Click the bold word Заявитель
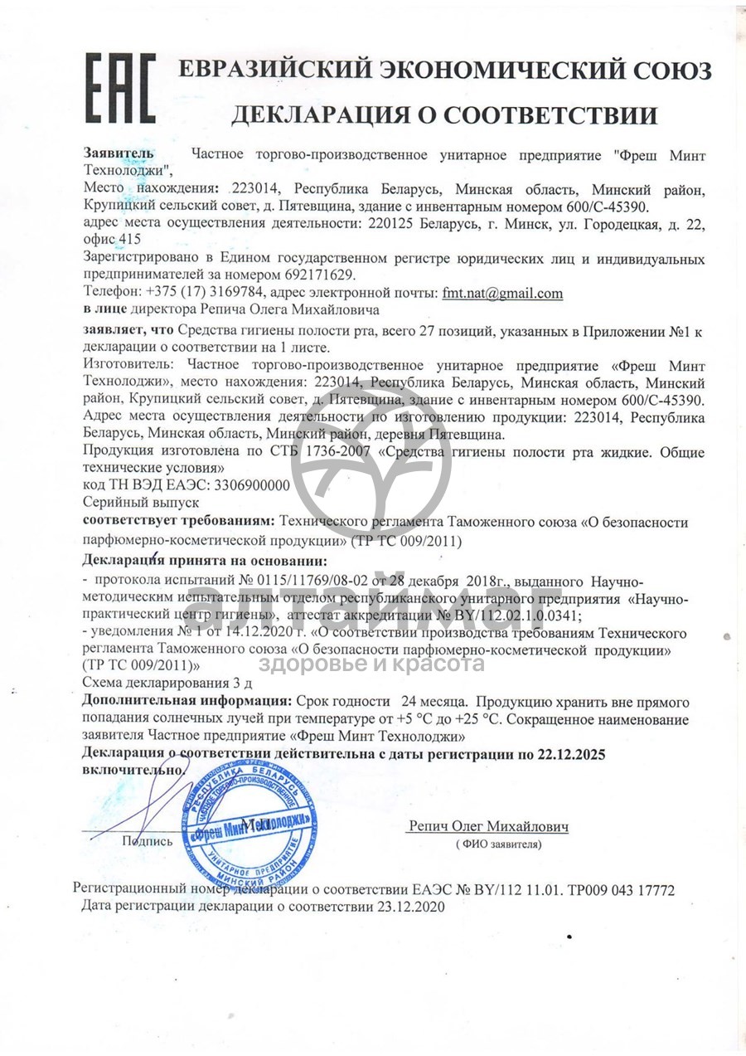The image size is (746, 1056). [119, 153]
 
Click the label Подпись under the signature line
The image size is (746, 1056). [148, 840]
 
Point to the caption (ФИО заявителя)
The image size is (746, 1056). [497, 844]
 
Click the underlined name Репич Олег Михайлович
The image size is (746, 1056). [488, 826]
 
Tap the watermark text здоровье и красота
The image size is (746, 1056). [371, 663]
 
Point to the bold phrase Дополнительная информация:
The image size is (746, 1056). [187, 700]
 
